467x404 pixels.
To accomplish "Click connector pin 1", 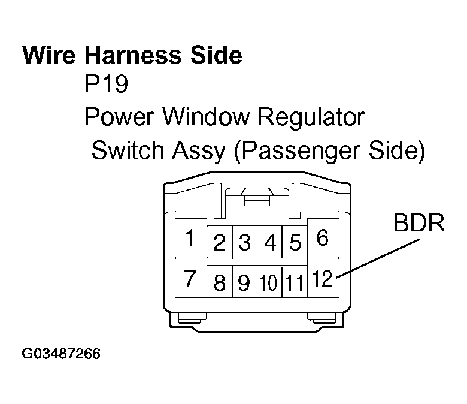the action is point(190,239).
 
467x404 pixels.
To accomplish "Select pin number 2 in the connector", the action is point(220,243).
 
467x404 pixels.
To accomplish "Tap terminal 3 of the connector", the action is point(244,243).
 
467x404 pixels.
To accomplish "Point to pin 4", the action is point(269,243).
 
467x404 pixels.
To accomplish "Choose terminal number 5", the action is point(295,243).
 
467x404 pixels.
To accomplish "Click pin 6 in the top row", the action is point(322,239).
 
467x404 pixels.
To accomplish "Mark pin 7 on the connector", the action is point(190,279).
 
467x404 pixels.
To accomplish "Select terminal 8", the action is point(220,282).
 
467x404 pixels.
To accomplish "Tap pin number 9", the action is point(244,282).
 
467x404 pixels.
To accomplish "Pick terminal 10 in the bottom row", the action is point(269,282).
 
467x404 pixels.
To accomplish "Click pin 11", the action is point(294,282).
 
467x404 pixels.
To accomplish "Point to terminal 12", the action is point(323,279).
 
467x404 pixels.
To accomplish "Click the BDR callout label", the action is point(419,224).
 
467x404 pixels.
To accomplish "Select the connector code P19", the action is point(106,85).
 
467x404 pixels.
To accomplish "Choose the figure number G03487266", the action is point(62,353).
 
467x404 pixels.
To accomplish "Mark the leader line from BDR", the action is point(378,258).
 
